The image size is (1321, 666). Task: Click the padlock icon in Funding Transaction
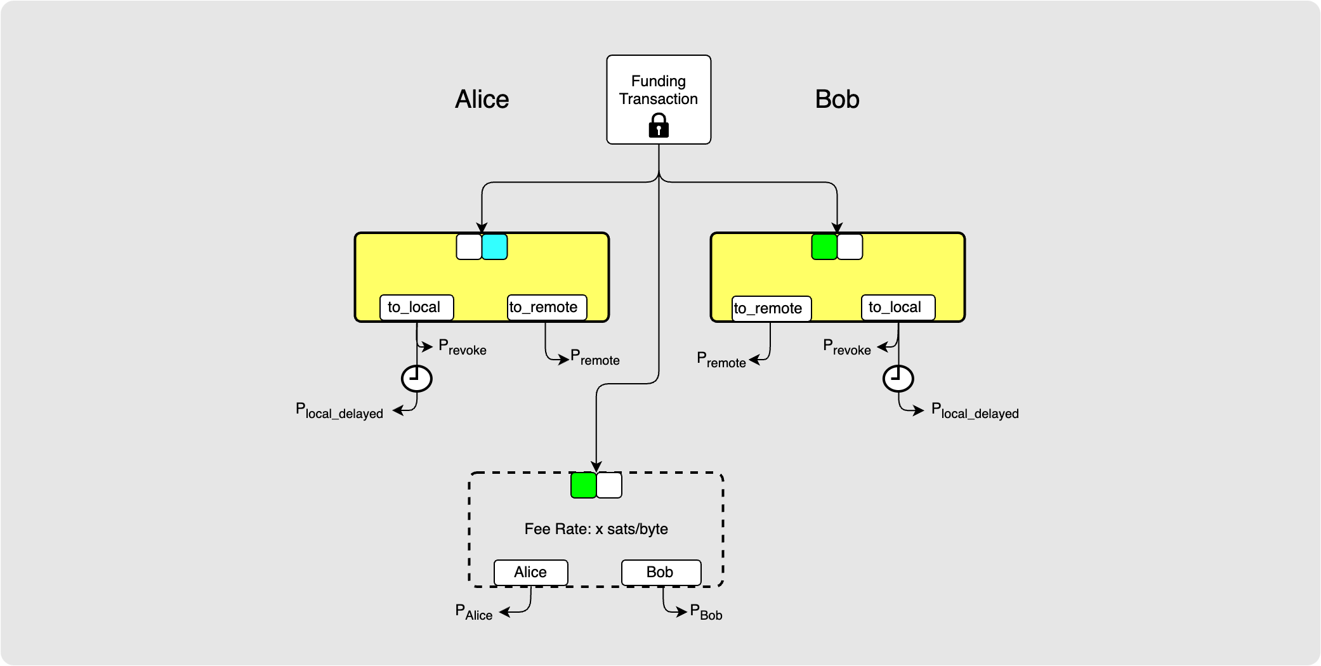[659, 126]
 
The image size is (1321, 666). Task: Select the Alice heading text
[482, 100]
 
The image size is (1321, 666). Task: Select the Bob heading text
[837, 100]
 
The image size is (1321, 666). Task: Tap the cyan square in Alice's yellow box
[495, 247]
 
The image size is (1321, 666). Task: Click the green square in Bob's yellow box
[824, 247]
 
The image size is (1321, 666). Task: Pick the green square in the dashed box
[584, 485]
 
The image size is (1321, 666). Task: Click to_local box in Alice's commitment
[416, 307]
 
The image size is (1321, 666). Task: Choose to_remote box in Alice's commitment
[546, 307]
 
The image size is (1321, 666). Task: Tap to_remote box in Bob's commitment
[771, 308]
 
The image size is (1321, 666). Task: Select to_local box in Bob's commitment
[898, 307]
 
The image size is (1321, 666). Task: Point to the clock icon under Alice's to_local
[417, 379]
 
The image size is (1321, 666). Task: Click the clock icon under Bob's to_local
[898, 379]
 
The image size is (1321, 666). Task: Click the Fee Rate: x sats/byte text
[596, 529]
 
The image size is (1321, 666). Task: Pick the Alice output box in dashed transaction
[530, 572]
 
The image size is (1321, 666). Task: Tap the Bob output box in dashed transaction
[660, 572]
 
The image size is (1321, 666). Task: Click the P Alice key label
[473, 612]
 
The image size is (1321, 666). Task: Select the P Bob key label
[706, 612]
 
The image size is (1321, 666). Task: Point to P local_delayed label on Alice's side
[339, 411]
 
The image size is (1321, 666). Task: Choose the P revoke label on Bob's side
[846, 347]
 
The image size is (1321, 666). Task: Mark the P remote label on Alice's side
[595, 358]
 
